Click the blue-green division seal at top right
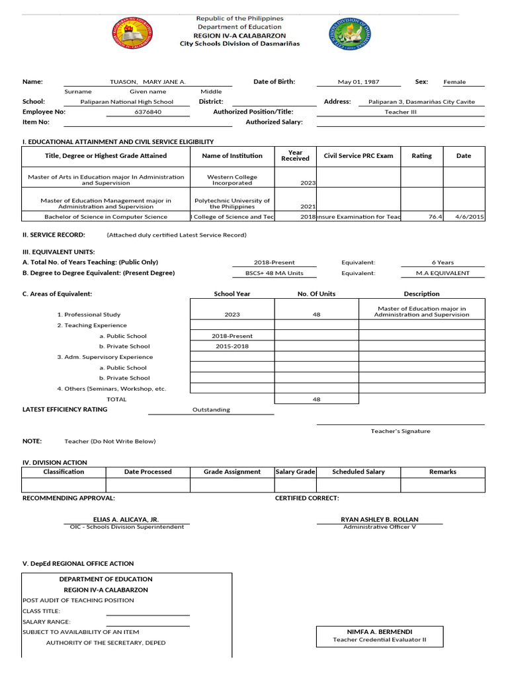(x=350, y=35)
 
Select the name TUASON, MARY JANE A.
(x=148, y=82)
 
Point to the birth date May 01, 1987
(x=359, y=82)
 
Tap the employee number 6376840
(x=148, y=112)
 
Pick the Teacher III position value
(x=400, y=112)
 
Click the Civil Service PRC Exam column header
(x=358, y=156)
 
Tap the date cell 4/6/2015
(x=464, y=216)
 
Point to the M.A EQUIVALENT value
(x=443, y=273)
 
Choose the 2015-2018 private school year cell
(x=232, y=346)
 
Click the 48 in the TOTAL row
(x=316, y=399)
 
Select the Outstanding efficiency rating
(x=211, y=410)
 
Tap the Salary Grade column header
(x=295, y=472)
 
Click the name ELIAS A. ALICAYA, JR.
(x=126, y=520)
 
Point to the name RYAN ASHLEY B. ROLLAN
(x=379, y=520)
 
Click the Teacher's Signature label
(x=400, y=431)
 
